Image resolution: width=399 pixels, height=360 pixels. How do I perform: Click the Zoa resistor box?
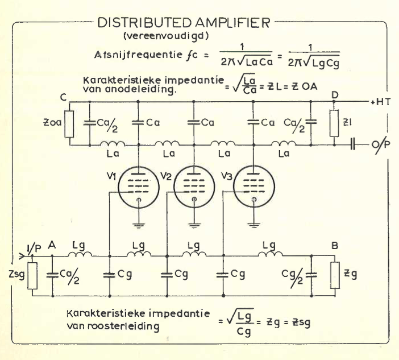click(69, 125)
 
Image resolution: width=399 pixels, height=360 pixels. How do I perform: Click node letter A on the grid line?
click(52, 245)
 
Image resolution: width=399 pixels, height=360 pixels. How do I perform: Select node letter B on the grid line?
click(335, 246)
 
